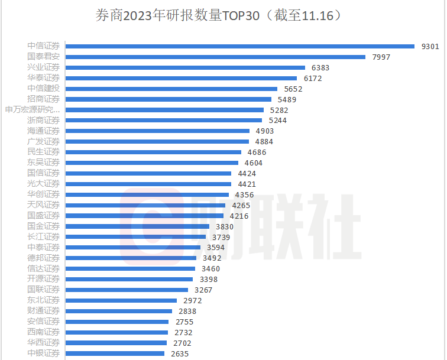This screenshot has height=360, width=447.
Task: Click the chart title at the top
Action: [218, 15]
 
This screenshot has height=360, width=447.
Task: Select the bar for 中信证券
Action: [239, 47]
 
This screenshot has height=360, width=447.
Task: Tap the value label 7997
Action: [381, 57]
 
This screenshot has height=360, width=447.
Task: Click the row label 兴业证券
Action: [43, 67]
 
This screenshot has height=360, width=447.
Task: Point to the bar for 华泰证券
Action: [181, 78]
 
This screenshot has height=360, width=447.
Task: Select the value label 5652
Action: [293, 89]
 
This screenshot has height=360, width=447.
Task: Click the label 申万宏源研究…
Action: [33, 109]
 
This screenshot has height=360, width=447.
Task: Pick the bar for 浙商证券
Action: [164, 120]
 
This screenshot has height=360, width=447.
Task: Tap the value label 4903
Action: [264, 131]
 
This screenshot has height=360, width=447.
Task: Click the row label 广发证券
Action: [43, 141]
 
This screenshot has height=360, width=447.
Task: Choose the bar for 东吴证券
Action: [152, 163]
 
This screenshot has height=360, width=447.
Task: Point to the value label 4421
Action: [247, 184]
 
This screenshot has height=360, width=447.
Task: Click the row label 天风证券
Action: [43, 205]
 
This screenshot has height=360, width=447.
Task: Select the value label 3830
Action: [225, 226]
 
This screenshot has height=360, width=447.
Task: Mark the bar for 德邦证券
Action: [131, 258]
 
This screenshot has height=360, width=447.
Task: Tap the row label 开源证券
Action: [43, 279]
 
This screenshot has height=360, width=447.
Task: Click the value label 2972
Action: [192, 300]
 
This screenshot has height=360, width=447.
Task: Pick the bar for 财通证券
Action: [119, 311]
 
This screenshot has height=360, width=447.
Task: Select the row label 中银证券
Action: [43, 353]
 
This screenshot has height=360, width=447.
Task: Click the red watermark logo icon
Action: [151, 226]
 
